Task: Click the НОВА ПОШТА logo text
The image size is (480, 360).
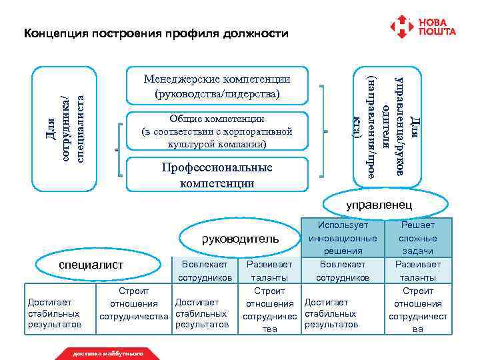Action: coord(437,27)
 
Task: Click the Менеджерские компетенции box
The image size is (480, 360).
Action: coord(217,87)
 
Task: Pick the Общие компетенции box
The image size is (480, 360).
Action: coord(217,131)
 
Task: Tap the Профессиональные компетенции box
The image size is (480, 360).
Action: coord(217,175)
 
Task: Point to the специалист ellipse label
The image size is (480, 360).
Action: coord(92,265)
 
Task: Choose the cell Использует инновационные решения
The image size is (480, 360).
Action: coord(343,238)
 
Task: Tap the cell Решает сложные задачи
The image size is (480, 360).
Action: coord(418,238)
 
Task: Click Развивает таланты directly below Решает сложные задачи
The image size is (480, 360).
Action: coord(418,271)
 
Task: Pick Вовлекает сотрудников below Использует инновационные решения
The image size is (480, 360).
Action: coord(343,271)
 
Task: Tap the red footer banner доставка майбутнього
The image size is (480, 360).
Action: coord(108,353)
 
